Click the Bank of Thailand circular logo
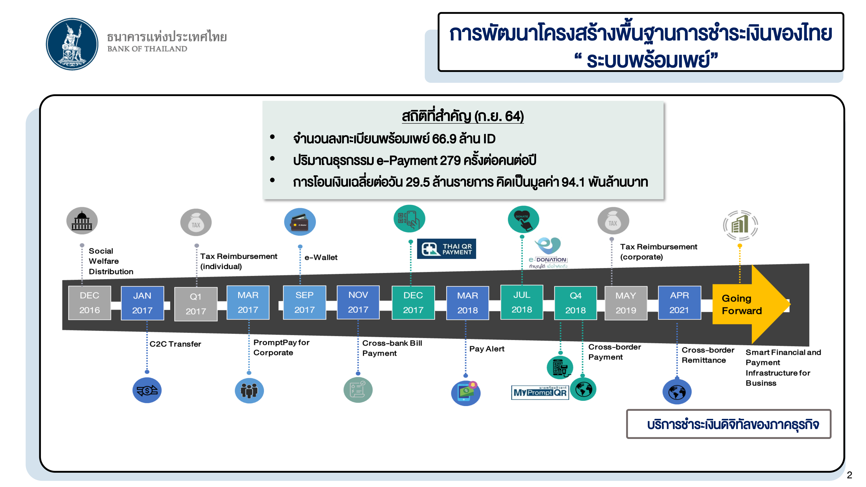tap(72, 44)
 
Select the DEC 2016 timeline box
tap(89, 303)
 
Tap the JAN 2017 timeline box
tap(142, 303)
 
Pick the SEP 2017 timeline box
tap(304, 302)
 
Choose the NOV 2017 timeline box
tap(358, 302)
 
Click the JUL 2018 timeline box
tap(521, 302)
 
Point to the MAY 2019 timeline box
tap(626, 303)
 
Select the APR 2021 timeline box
tap(679, 303)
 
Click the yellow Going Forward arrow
tap(750, 304)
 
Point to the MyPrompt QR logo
tap(540, 392)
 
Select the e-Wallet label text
tap(321, 257)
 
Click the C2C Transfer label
tap(175, 344)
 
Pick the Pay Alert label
tap(486, 349)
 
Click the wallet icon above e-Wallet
tap(300, 222)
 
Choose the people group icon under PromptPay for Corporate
tap(249, 390)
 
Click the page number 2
tap(849, 475)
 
